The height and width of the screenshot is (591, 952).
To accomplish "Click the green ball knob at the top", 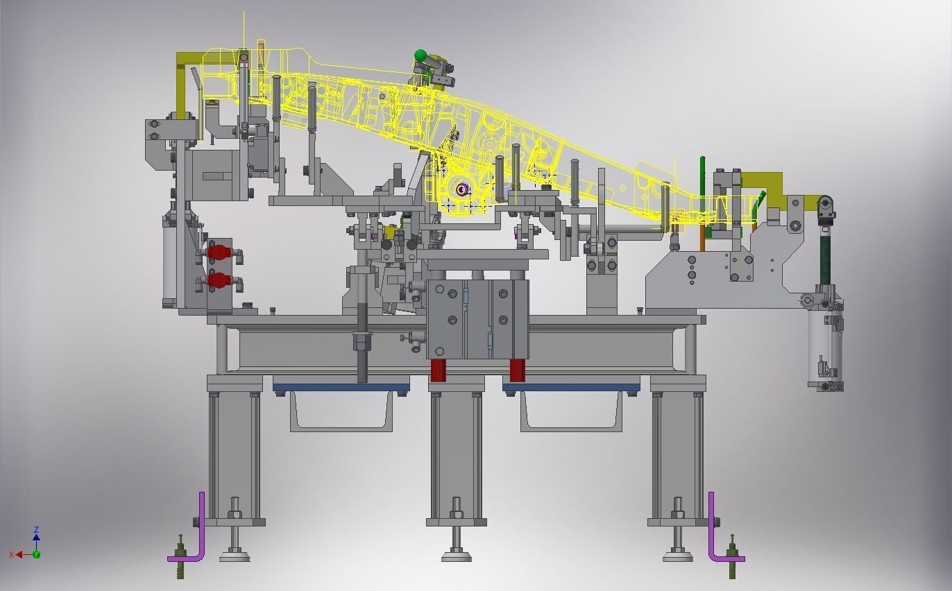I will point(420,55).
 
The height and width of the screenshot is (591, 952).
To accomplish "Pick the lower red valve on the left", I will point(219,280).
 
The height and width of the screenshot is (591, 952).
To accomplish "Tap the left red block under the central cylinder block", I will point(438,370).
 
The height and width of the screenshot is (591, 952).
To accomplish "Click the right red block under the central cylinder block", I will point(517,370).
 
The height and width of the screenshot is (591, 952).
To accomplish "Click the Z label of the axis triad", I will point(36,530).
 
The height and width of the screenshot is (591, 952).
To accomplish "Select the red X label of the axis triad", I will point(12,554).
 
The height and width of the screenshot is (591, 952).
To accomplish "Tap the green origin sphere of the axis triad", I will point(36,554).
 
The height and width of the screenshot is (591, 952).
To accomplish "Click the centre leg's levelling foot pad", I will point(456,555).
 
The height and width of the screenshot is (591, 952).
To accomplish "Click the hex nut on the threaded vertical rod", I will point(362,342).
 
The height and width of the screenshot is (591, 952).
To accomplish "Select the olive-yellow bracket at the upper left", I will point(186,76).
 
